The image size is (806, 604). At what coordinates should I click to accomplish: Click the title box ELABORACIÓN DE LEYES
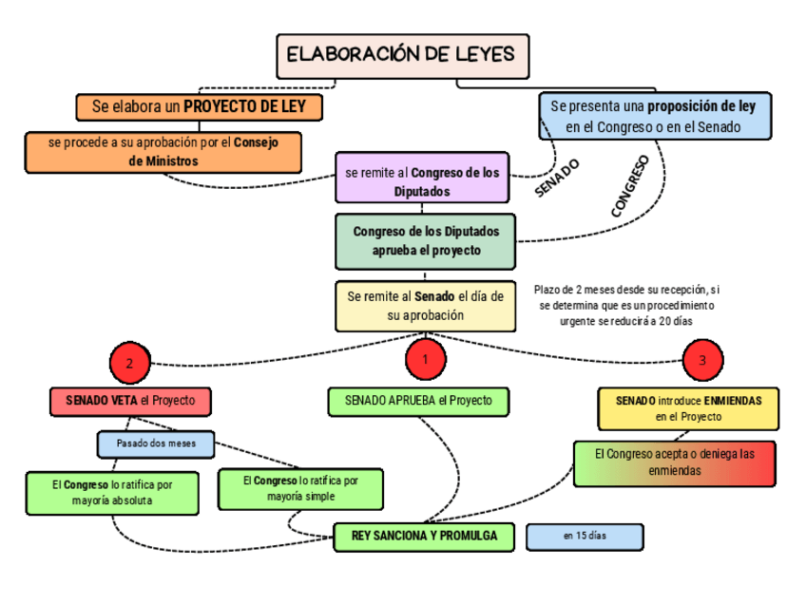click(x=402, y=56)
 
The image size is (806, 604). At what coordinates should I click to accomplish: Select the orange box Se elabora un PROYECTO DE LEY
click(x=199, y=106)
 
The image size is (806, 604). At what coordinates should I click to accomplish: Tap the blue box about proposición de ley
click(x=653, y=115)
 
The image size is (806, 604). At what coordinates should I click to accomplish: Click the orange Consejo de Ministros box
click(x=163, y=152)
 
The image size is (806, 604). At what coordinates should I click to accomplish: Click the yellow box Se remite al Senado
click(x=425, y=305)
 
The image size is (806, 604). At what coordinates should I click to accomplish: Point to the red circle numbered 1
click(x=425, y=359)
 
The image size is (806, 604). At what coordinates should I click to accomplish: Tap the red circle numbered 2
click(x=130, y=363)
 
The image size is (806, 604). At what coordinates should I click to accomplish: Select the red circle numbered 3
click(x=701, y=361)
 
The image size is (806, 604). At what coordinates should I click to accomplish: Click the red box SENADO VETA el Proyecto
click(x=129, y=401)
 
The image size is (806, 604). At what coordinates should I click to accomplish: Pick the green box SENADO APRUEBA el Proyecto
click(x=418, y=401)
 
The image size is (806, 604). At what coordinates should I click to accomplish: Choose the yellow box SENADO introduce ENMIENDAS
click(x=688, y=408)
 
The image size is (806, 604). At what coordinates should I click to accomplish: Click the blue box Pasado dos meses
click(x=156, y=444)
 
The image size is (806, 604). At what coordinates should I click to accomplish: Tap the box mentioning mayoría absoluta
click(x=112, y=492)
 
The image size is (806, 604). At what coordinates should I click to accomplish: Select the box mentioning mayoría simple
click(x=300, y=488)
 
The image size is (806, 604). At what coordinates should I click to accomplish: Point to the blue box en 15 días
click(x=585, y=537)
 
